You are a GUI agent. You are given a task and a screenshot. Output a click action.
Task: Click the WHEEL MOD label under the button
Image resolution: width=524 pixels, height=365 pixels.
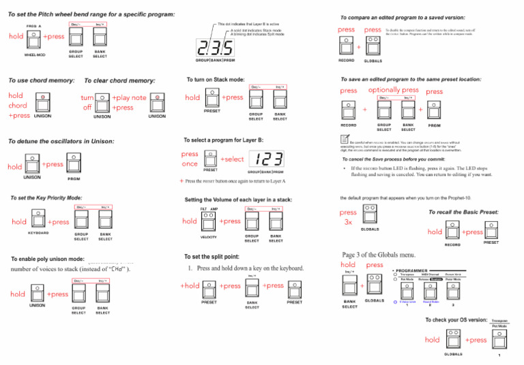[35, 55]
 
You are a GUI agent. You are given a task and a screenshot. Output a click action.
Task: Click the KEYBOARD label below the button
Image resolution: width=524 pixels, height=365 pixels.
[38, 232]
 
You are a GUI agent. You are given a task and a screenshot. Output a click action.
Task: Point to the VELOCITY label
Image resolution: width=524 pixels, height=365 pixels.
[209, 238]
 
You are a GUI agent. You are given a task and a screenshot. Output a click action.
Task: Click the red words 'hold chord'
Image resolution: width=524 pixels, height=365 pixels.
[17, 101]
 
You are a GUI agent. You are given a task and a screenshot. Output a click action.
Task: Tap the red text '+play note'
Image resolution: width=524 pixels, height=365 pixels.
[129, 97]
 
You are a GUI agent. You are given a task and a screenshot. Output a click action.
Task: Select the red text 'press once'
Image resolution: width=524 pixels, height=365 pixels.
[190, 159]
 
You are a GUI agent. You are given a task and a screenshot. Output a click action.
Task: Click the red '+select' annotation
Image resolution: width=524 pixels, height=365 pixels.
[232, 159]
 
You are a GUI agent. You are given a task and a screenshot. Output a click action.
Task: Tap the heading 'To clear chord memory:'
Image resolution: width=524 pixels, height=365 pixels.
[119, 81]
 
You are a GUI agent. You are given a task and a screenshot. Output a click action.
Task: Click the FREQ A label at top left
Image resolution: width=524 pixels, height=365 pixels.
[34, 26]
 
